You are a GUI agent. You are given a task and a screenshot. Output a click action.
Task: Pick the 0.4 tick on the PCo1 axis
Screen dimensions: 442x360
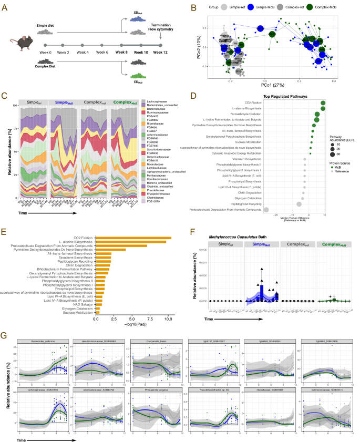pos(333,76)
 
